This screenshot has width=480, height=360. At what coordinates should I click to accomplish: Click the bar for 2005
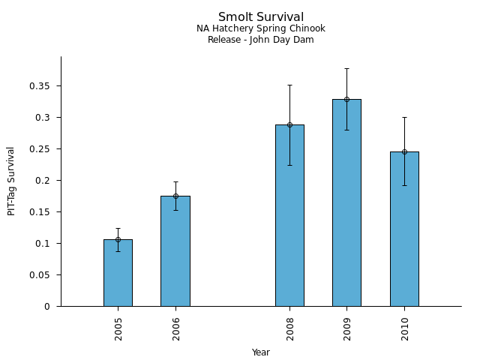coord(118,273)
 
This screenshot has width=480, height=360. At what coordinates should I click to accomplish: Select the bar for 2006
coord(175,251)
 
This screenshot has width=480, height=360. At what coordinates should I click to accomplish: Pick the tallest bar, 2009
coord(346,202)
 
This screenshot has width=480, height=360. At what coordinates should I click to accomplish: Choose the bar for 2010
coord(404,229)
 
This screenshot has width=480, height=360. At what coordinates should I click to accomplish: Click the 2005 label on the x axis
coord(118,328)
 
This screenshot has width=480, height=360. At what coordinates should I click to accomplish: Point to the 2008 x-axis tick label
coord(290,328)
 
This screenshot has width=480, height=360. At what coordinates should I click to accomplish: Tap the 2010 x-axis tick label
coord(405,328)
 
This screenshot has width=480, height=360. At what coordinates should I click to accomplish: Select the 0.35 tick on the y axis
coord(40,86)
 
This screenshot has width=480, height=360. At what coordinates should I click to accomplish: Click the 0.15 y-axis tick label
coord(40,212)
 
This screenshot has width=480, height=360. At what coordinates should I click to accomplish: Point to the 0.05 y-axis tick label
coord(40,275)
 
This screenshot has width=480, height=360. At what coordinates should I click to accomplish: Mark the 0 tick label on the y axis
coord(47,307)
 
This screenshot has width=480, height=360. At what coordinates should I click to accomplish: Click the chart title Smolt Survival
coord(261,17)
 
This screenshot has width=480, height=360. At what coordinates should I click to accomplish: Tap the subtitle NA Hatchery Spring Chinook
coord(261,28)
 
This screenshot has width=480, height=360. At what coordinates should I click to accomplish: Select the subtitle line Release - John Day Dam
coord(261,40)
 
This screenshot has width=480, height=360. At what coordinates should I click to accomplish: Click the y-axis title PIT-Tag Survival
coord(11,181)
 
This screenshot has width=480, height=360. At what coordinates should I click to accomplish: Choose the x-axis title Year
coord(261,352)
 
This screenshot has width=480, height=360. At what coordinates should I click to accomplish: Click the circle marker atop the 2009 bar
coord(346,99)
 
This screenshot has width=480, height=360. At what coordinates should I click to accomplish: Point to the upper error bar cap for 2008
coord(289,85)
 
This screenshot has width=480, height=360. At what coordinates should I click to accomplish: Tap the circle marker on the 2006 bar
coord(175,196)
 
